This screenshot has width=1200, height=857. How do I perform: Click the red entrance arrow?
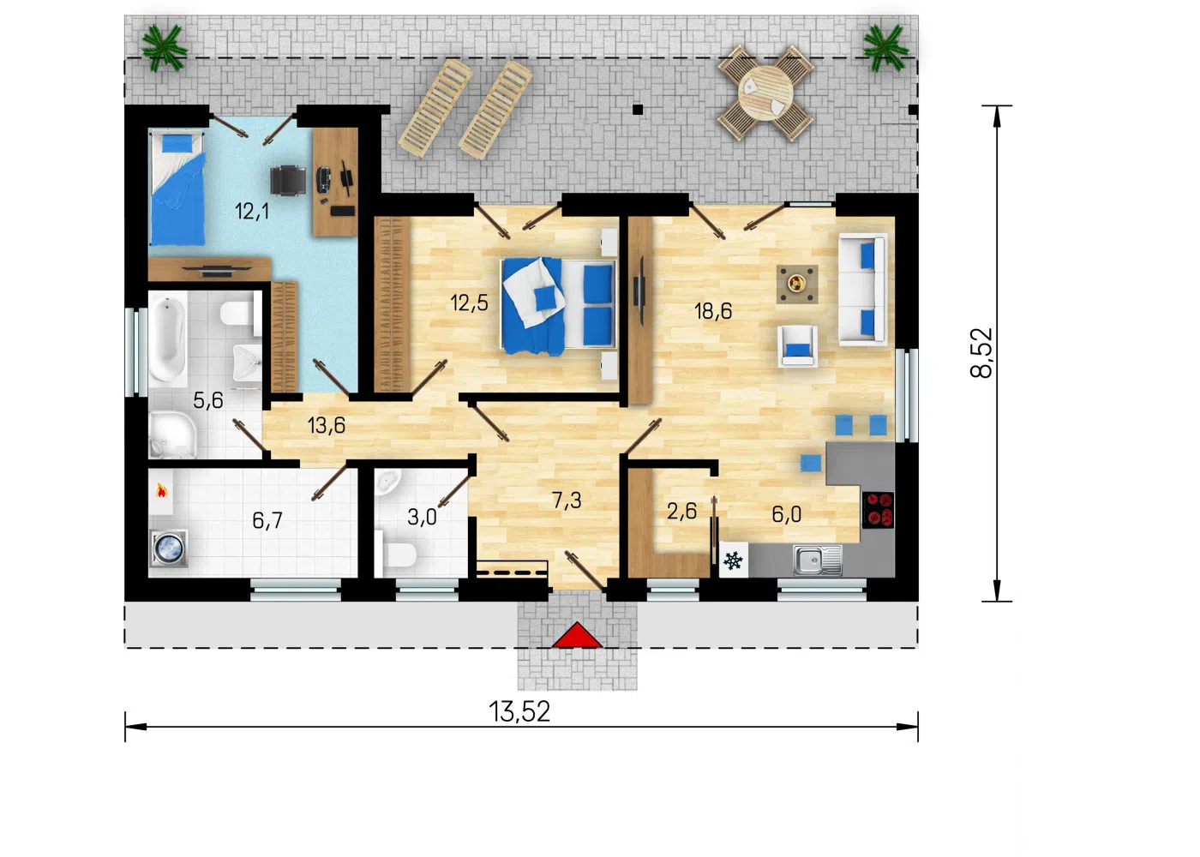pyautogui.click(x=577, y=635)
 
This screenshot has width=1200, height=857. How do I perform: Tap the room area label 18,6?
pyautogui.click(x=712, y=310)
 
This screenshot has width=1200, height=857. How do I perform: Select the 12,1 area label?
pyautogui.click(x=251, y=211)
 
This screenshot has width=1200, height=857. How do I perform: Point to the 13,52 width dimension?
pyautogui.click(x=519, y=712)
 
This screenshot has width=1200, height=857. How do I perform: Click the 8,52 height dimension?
pyautogui.click(x=981, y=353)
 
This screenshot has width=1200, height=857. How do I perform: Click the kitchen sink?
pyautogui.click(x=817, y=560)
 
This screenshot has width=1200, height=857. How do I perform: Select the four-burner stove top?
pyautogui.click(x=878, y=509)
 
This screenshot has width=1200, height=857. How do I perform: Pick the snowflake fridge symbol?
pyautogui.click(x=733, y=560)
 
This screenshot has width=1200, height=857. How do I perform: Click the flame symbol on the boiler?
pyautogui.click(x=161, y=490)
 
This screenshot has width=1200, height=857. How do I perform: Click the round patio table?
pyautogui.click(x=765, y=93)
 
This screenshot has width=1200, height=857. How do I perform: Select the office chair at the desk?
pyautogui.click(x=288, y=180)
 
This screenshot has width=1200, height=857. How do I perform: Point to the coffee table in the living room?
pyautogui.click(x=797, y=284)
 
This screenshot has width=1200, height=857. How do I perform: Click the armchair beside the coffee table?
pyautogui.click(x=798, y=346)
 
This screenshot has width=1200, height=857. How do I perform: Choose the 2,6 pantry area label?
pyautogui.click(x=681, y=512)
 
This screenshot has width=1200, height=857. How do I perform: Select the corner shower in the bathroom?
pyautogui.click(x=172, y=435)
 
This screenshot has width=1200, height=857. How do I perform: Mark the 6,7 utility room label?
pyautogui.click(x=267, y=520)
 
